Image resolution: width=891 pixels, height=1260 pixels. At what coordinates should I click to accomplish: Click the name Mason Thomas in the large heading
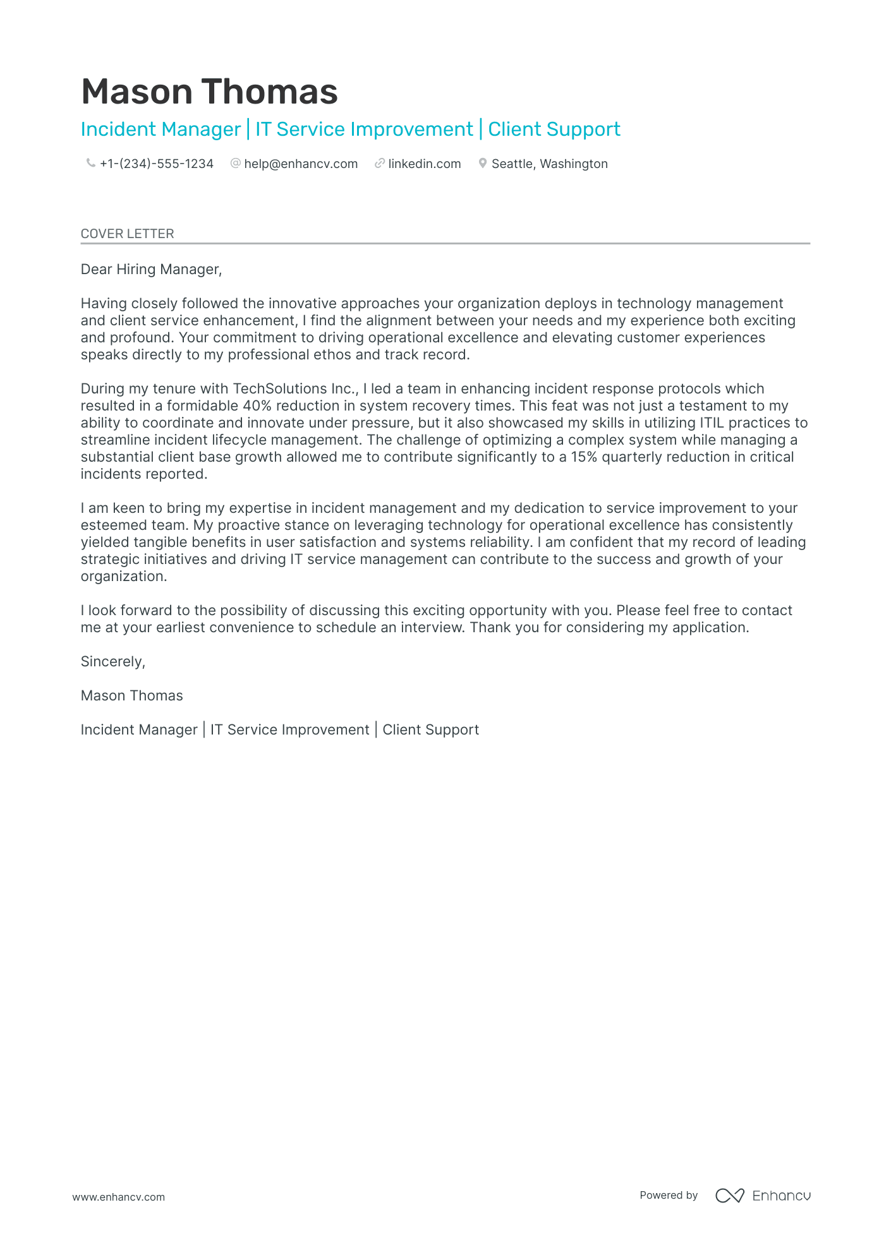pyautogui.click(x=209, y=92)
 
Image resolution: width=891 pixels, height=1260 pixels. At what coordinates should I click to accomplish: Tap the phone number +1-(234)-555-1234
pyautogui.click(x=156, y=164)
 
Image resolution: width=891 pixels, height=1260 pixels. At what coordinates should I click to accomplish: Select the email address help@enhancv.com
pyautogui.click(x=301, y=164)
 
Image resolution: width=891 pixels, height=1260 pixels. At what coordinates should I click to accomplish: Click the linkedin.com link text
pyautogui.click(x=424, y=164)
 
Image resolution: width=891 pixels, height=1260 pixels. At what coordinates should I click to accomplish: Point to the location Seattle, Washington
pyautogui.click(x=549, y=164)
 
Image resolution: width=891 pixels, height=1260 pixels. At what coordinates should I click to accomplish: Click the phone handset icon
pyautogui.click(x=90, y=163)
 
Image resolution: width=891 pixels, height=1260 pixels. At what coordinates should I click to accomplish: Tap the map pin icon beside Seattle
pyautogui.click(x=483, y=163)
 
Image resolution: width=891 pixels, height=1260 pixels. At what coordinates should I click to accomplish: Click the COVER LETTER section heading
pyautogui.click(x=127, y=234)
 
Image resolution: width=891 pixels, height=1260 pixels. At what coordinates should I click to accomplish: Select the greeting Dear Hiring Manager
pyautogui.click(x=151, y=270)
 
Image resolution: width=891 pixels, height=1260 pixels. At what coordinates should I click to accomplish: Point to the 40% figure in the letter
pyautogui.click(x=257, y=406)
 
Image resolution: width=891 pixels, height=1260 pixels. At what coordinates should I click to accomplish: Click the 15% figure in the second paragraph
pyautogui.click(x=584, y=457)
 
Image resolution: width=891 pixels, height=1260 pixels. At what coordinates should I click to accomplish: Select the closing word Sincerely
pyautogui.click(x=112, y=662)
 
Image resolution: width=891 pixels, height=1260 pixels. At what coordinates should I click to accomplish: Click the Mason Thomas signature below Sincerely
pyautogui.click(x=131, y=696)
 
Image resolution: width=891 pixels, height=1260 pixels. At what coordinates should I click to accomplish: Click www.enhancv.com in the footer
pyautogui.click(x=118, y=1197)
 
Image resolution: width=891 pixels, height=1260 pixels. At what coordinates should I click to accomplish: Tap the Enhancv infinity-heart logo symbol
pyautogui.click(x=729, y=1196)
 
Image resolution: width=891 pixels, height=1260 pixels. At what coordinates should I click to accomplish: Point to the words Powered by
pyautogui.click(x=668, y=1195)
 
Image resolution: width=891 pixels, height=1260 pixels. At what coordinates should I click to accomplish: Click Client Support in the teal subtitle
pyautogui.click(x=554, y=129)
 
